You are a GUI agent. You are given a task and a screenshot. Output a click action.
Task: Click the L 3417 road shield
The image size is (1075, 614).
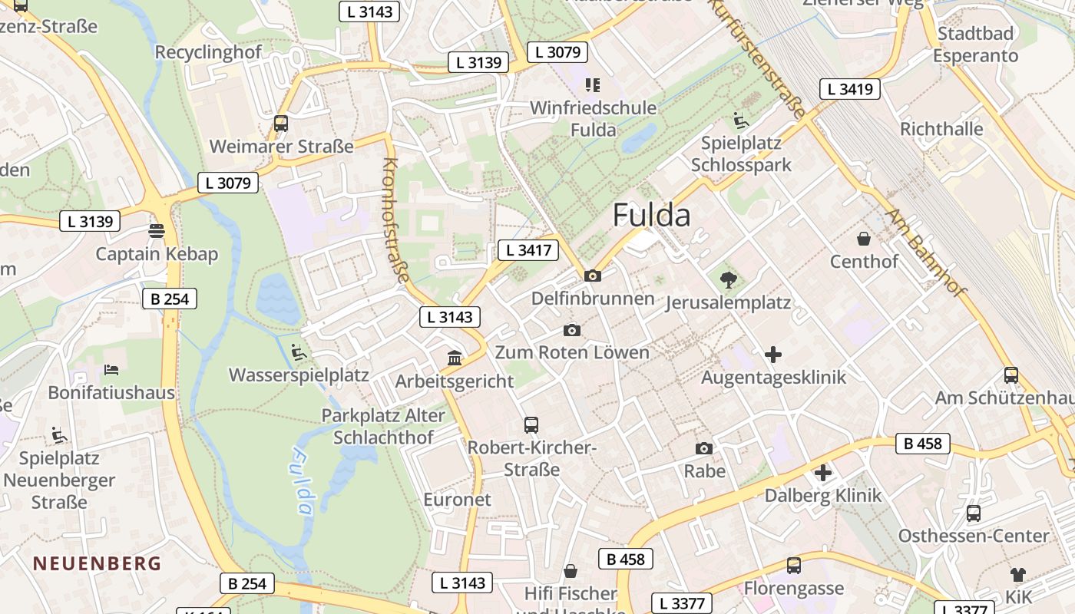[528, 249]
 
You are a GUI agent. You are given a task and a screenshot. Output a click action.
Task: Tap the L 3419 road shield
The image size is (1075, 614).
[848, 89]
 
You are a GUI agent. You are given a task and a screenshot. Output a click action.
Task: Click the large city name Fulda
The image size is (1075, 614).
[651, 216]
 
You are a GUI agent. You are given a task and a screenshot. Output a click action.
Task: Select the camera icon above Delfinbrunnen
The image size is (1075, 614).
[593, 276]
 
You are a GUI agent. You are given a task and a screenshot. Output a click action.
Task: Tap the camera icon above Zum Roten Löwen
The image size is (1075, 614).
[572, 330]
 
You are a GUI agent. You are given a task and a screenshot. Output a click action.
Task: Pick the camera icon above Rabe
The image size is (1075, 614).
[704, 448]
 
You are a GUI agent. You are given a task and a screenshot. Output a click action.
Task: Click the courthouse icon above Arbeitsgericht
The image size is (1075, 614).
[455, 358]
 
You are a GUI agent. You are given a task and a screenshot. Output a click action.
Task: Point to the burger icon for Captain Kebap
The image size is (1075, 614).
[157, 230]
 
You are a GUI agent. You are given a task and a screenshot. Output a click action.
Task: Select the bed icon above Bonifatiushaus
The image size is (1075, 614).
[111, 370]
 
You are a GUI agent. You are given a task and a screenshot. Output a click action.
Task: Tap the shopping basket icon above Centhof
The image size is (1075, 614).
[864, 239]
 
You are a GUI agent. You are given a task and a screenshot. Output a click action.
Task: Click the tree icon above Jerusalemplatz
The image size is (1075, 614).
[728, 279]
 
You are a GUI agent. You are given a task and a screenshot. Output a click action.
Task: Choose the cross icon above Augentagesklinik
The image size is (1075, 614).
[773, 355]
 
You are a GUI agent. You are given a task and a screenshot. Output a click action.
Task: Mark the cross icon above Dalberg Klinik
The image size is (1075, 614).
[823, 473]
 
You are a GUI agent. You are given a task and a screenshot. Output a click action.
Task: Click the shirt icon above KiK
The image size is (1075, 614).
[1017, 574]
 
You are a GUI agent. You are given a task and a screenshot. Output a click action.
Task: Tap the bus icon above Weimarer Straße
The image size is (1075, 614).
[281, 123]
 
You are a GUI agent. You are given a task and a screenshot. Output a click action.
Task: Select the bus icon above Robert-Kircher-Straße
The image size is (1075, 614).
[531, 424]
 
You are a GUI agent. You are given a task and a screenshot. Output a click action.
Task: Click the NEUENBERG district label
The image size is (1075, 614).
[97, 563]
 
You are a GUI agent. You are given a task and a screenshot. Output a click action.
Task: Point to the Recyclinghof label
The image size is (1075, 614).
[208, 52]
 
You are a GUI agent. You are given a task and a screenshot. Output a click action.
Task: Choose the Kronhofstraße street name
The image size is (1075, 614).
[395, 219]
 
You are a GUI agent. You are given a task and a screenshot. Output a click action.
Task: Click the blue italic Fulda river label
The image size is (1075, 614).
[301, 482]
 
